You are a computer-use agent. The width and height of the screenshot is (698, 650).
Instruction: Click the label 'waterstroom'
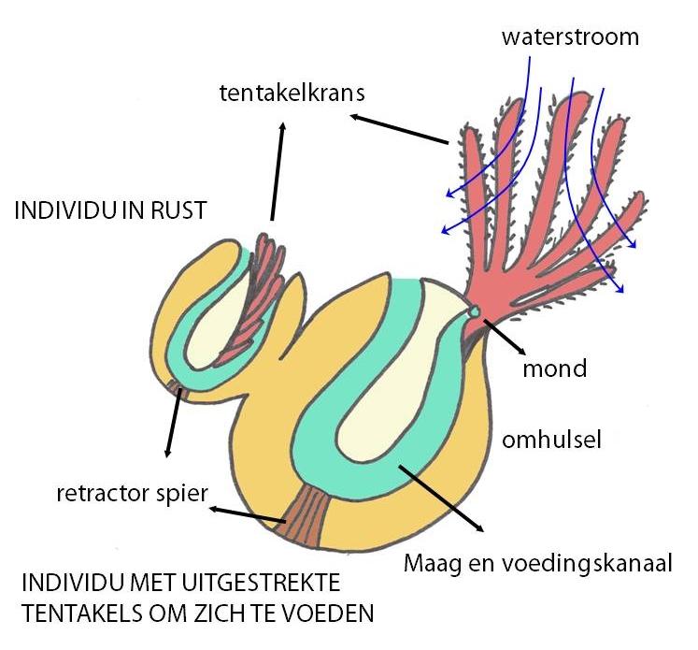click(x=570, y=37)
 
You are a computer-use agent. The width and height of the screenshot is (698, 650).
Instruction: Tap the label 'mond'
click(x=554, y=368)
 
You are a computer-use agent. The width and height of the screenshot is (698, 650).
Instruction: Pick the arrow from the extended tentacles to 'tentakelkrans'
click(x=399, y=129)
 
